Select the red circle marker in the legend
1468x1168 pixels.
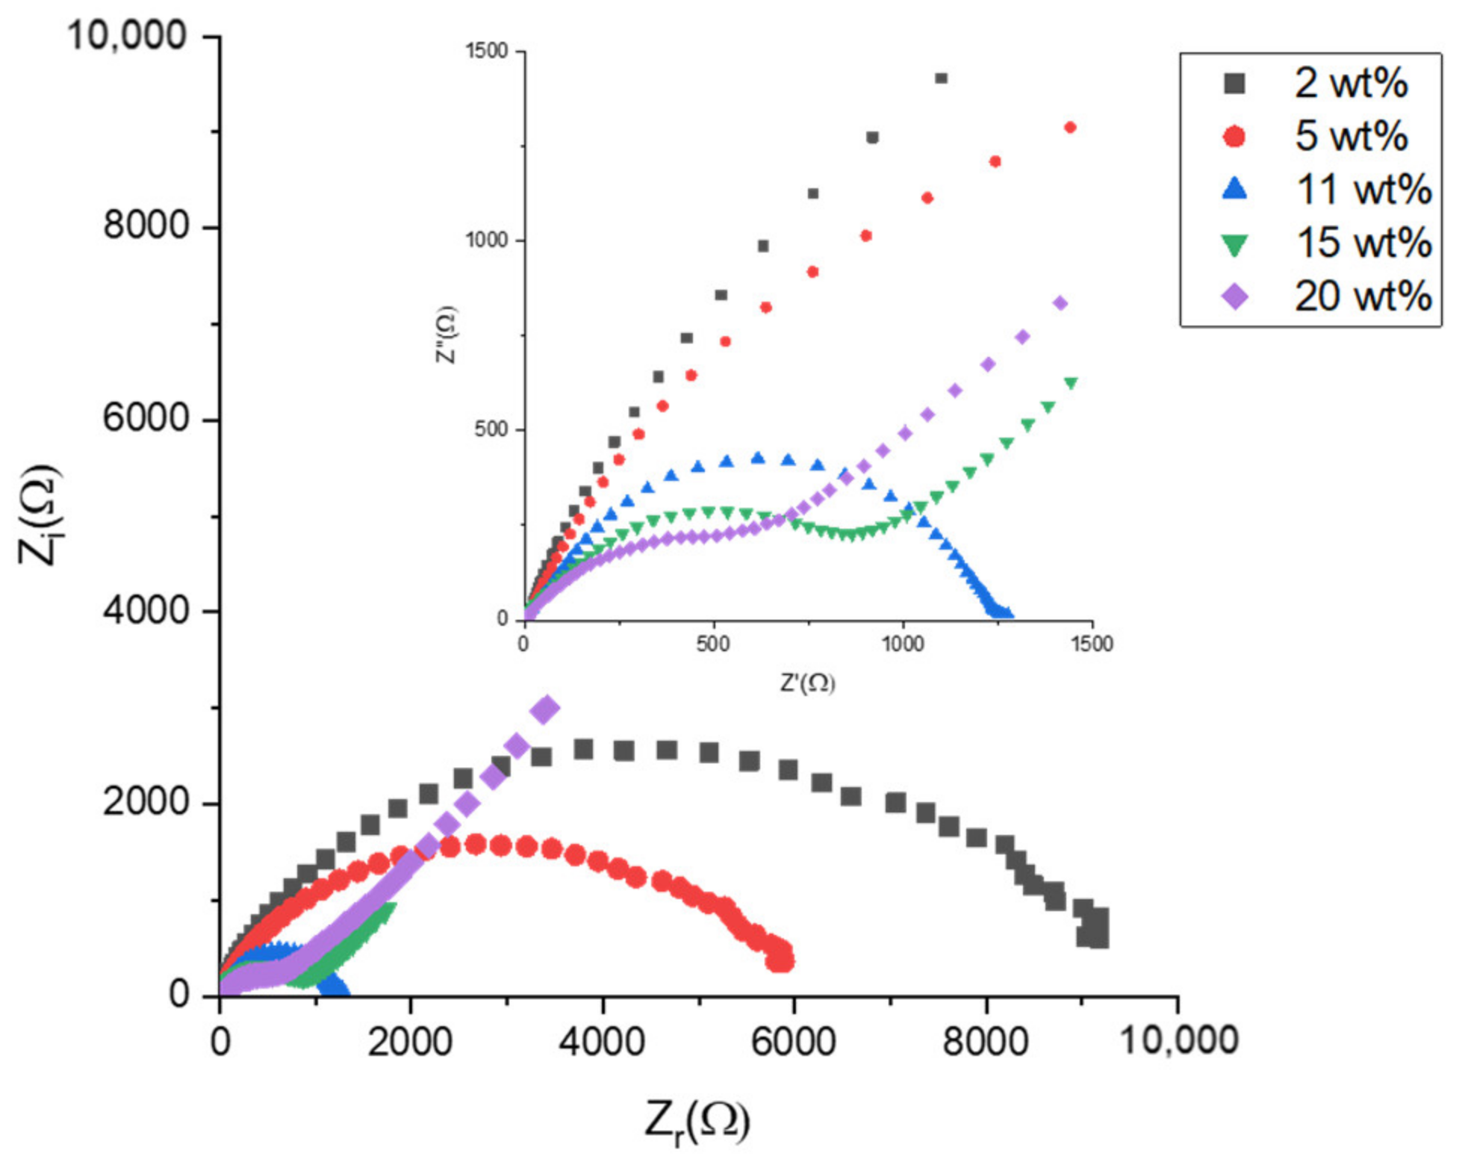1234,136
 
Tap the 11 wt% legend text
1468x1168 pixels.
1363,189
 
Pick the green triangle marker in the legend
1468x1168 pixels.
1234,244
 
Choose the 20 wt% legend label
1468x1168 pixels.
1363,296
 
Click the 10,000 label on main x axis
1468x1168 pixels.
1179,1040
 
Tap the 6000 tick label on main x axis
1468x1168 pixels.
793,1042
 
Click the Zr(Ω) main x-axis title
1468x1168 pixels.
697,1121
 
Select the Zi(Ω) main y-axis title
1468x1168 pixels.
39,515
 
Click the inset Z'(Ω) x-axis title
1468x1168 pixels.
807,683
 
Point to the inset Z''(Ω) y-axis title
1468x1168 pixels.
446,335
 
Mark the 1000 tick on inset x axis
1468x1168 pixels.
903,644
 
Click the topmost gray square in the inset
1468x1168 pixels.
941,78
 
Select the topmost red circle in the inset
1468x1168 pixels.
1069,128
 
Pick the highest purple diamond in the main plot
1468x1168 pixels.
546,709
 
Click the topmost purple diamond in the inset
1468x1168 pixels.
1060,303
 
